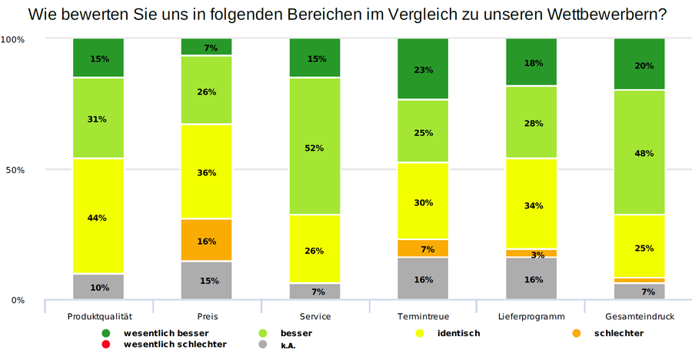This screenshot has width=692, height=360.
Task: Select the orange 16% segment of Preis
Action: click(x=206, y=240)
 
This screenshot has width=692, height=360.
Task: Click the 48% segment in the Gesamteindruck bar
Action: click(x=640, y=152)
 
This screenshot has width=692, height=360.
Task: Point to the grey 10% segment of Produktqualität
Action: click(x=98, y=287)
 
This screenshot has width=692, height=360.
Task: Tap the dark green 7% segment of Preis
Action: click(x=206, y=47)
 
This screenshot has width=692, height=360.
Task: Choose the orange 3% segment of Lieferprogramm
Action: click(x=531, y=253)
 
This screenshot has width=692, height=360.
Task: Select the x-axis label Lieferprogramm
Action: click(x=531, y=316)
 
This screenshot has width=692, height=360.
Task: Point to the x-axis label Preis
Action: click(x=206, y=316)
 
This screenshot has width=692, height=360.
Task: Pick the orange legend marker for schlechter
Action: click(x=577, y=333)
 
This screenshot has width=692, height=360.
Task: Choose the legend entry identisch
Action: click(x=457, y=333)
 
